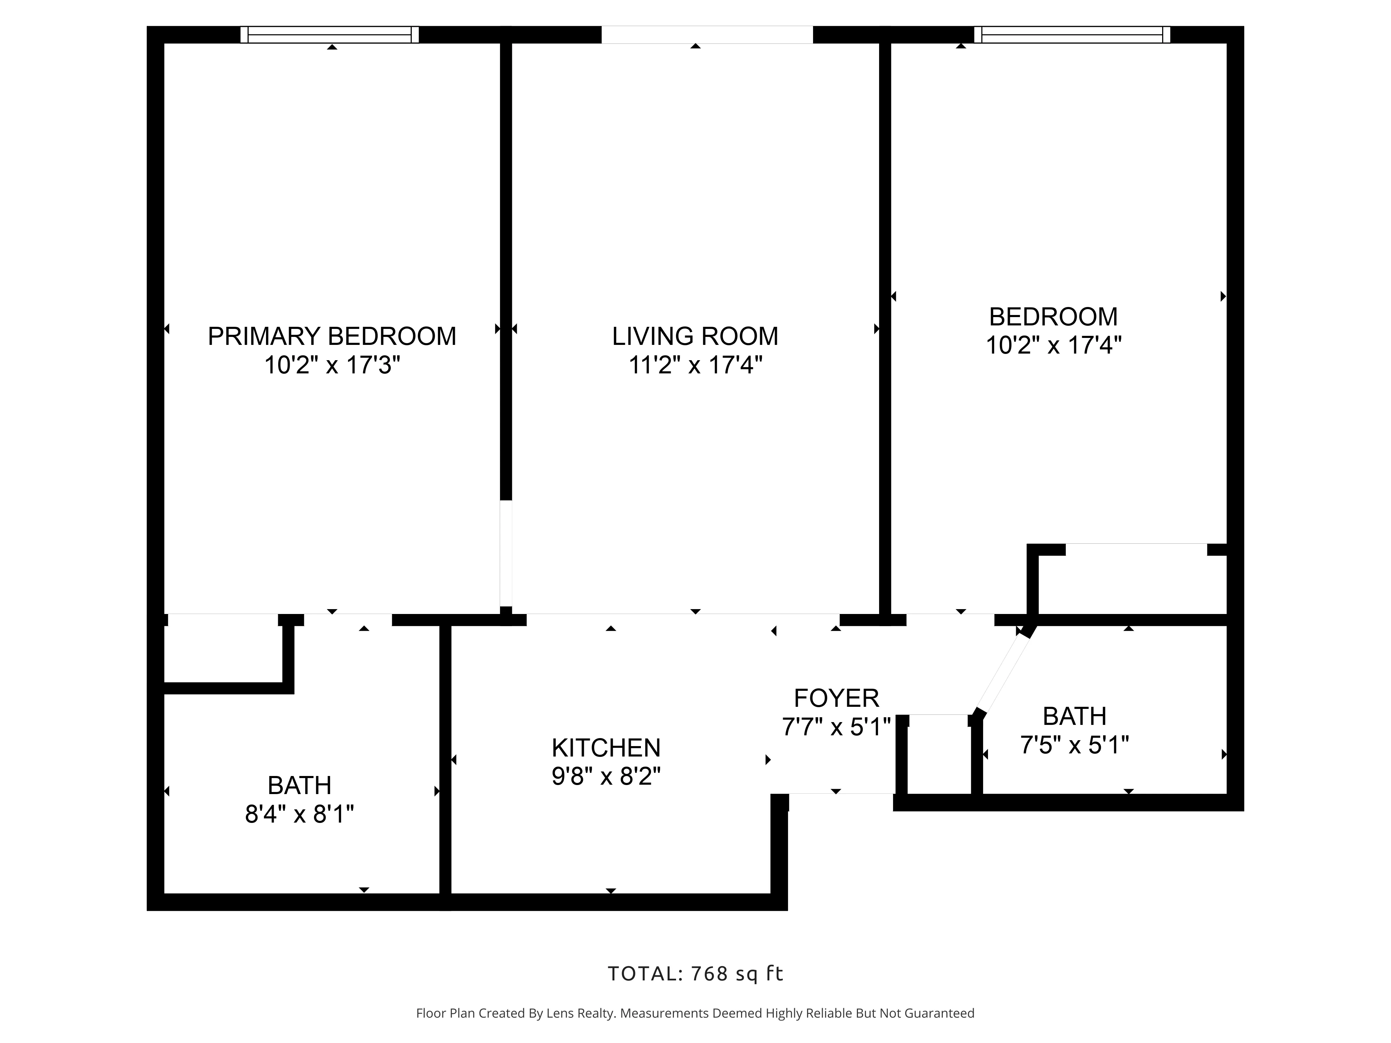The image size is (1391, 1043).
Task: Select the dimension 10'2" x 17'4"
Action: pos(1053,345)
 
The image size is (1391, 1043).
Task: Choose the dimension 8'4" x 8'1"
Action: pos(299,815)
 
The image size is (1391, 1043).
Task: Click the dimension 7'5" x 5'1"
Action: pos(1074,746)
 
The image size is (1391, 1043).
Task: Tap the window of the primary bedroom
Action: pos(330,34)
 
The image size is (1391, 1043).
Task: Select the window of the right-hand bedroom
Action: pos(1072,34)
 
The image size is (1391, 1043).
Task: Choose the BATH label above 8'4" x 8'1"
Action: pos(299,786)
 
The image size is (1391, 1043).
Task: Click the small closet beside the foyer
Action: pos(939,754)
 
